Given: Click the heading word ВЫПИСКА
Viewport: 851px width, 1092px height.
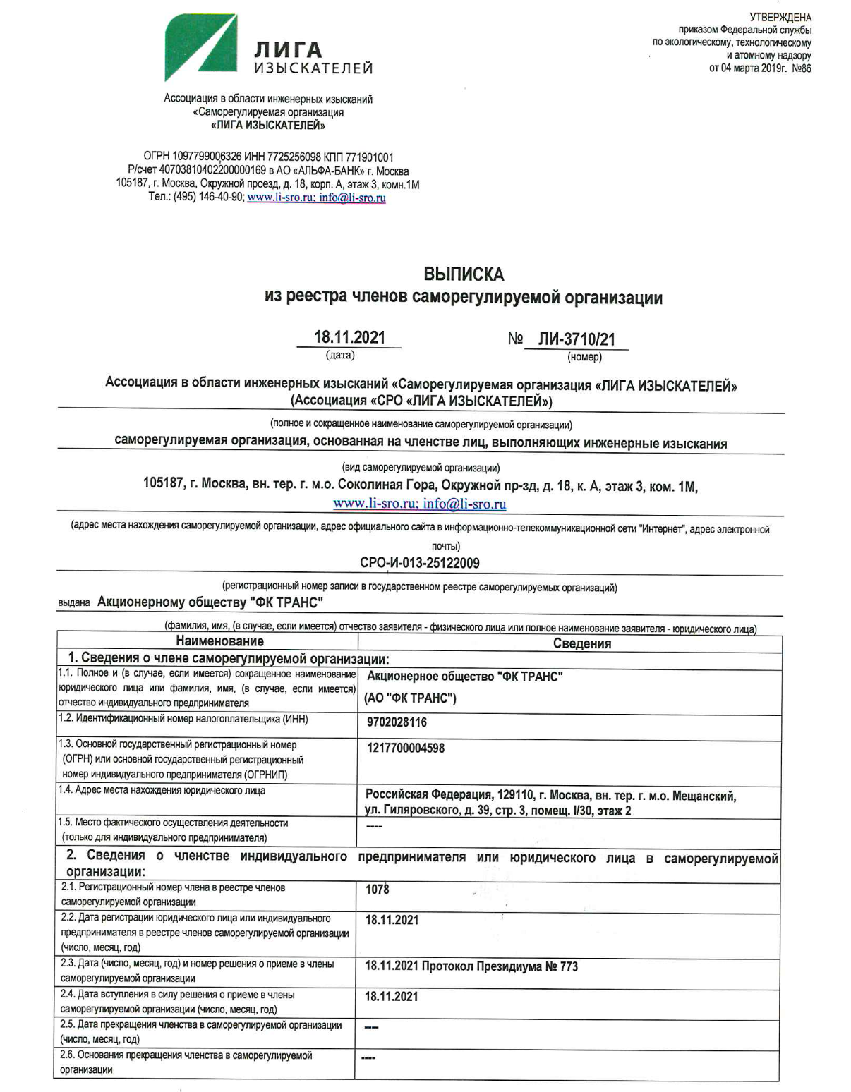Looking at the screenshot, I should (x=464, y=274).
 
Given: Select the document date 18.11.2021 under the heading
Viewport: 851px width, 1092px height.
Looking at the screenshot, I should (x=349, y=337).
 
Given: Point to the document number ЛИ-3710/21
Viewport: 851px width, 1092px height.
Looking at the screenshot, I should (x=577, y=339).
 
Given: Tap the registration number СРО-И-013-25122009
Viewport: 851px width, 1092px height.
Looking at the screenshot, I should (x=419, y=563).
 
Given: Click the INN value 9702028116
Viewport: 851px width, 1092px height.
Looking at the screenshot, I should (x=397, y=722).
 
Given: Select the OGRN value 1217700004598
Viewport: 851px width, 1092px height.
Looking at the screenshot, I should (x=405, y=748).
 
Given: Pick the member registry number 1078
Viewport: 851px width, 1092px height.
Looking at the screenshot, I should (x=377, y=890).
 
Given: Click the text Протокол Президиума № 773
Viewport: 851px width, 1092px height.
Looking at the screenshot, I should (x=500, y=966).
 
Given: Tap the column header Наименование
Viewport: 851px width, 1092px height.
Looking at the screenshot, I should (x=219, y=641).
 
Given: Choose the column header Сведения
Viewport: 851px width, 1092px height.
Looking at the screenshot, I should (x=581, y=643).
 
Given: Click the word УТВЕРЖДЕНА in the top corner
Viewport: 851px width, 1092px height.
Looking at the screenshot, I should (x=780, y=17).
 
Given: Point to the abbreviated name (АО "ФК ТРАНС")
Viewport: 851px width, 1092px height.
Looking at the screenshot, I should (x=410, y=698).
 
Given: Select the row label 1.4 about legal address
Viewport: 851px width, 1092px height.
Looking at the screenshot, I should (x=163, y=791).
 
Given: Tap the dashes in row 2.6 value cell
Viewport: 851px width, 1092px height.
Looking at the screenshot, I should (x=368, y=1058).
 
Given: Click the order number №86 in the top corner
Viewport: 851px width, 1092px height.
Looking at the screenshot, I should (x=802, y=68).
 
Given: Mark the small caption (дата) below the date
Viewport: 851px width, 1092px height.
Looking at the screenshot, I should (x=339, y=355).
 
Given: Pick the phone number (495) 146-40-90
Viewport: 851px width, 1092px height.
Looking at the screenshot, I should (x=209, y=198).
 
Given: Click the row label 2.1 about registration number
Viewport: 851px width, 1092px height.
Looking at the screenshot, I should (x=174, y=894).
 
